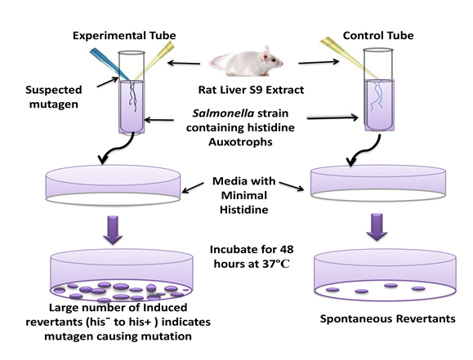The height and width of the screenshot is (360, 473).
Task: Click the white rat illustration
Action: click(x=247, y=62)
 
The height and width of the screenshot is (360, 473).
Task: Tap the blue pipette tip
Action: click(x=109, y=64)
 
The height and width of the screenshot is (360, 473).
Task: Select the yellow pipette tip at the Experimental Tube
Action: click(x=154, y=60)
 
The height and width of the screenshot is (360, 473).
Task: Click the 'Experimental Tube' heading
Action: click(x=124, y=36)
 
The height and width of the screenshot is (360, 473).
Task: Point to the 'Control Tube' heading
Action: click(x=378, y=36)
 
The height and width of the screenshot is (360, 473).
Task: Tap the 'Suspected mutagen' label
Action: click(x=54, y=97)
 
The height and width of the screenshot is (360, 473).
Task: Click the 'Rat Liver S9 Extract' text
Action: click(x=251, y=90)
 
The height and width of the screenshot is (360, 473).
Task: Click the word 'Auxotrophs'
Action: click(x=240, y=142)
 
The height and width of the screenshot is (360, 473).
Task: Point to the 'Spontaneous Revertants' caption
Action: click(x=387, y=318)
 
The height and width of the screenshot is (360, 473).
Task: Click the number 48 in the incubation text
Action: click(x=286, y=249)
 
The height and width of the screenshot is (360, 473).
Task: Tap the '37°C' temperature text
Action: click(x=276, y=264)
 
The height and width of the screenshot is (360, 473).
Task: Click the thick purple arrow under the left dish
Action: click(x=113, y=229)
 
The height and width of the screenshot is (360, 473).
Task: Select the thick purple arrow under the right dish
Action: click(x=377, y=227)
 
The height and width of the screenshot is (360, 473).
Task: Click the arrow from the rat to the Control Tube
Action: click(x=319, y=62)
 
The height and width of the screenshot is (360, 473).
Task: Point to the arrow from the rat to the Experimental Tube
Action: click(x=184, y=63)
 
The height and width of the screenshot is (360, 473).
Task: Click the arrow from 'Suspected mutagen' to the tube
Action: click(x=108, y=82)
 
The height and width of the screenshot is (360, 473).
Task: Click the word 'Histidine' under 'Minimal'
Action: click(x=243, y=210)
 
